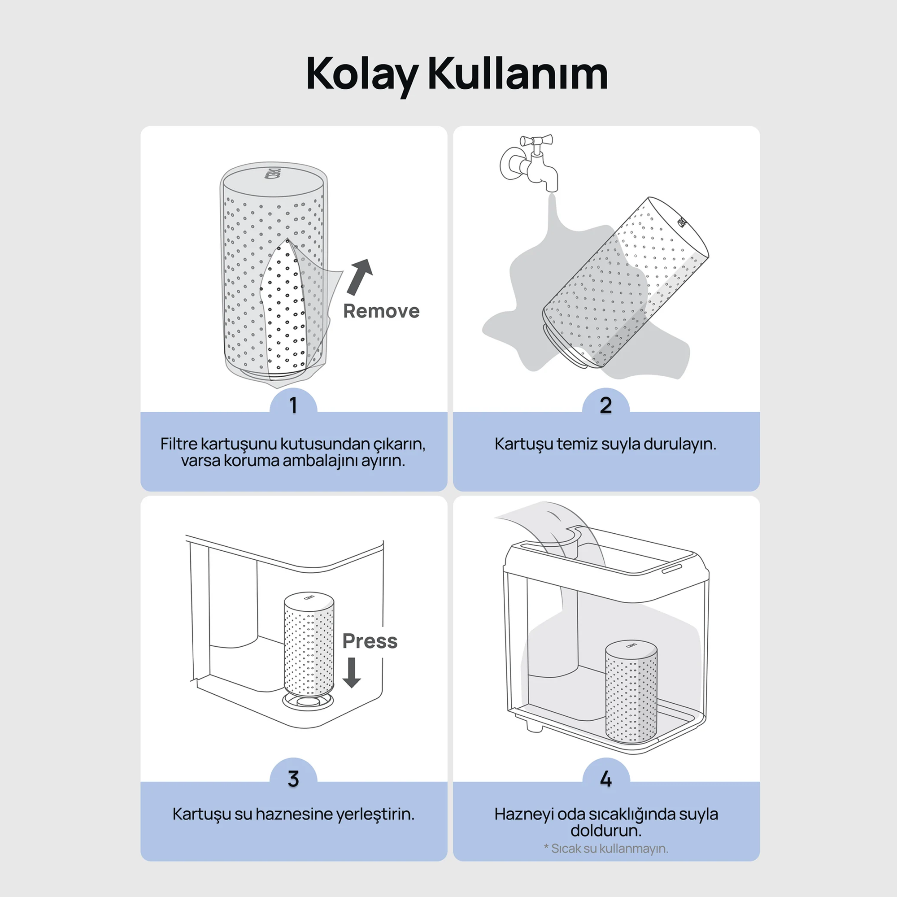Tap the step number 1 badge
[293, 405]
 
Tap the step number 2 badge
[605, 405]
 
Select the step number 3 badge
[293, 779]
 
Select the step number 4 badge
[605, 779]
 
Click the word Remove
[381, 311]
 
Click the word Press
[370, 641]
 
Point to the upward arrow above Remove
[360, 276]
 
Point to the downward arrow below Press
[352, 672]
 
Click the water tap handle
[536, 140]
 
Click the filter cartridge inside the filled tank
[631, 692]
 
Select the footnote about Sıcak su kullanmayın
[605, 849]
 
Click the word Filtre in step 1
[179, 444]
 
